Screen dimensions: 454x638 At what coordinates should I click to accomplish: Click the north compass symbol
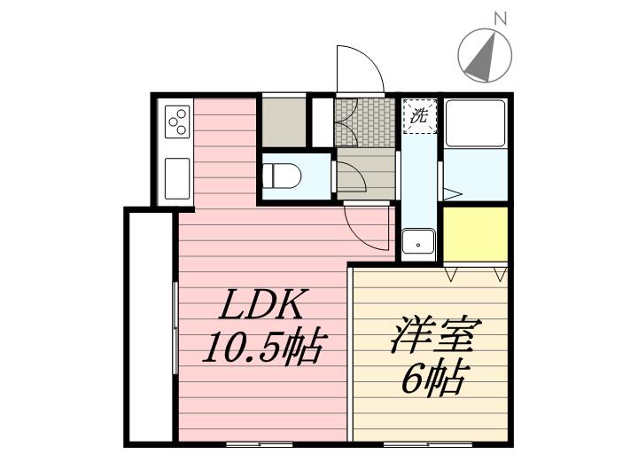(x=486, y=54)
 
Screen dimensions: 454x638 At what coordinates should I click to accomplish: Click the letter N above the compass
(x=500, y=18)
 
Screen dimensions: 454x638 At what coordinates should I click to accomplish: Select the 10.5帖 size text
(x=263, y=348)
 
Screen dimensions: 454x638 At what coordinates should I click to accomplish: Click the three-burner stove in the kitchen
(x=177, y=121)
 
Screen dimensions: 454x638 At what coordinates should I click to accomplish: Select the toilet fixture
(x=283, y=176)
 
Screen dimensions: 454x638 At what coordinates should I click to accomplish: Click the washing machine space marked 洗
(x=420, y=115)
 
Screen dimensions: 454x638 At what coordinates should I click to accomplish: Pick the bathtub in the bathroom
(x=475, y=122)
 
